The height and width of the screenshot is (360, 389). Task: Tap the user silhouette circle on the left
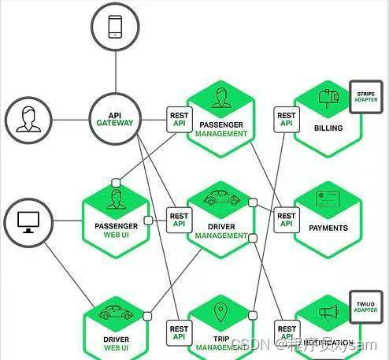pyautogui.click(x=28, y=120)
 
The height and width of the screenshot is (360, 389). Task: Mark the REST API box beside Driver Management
pyautogui.click(x=180, y=219)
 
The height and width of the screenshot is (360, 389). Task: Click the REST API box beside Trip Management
pyautogui.click(x=180, y=333)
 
